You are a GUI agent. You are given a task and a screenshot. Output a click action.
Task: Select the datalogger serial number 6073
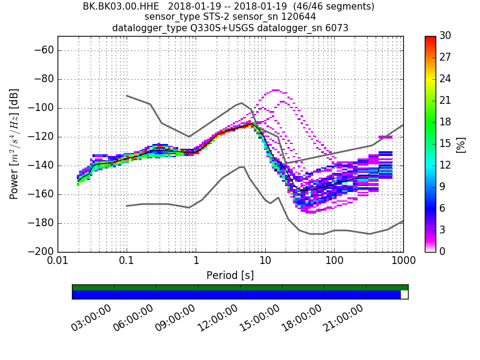click(337, 28)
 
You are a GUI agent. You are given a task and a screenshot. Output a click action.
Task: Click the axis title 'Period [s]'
click(230, 275)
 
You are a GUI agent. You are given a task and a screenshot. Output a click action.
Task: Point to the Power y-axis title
click(14, 144)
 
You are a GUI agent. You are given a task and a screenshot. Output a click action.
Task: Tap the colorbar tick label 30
click(445, 36)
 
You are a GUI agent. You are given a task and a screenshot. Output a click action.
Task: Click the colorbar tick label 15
click(445, 144)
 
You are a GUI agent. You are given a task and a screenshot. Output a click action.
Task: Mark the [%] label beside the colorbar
click(461, 144)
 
